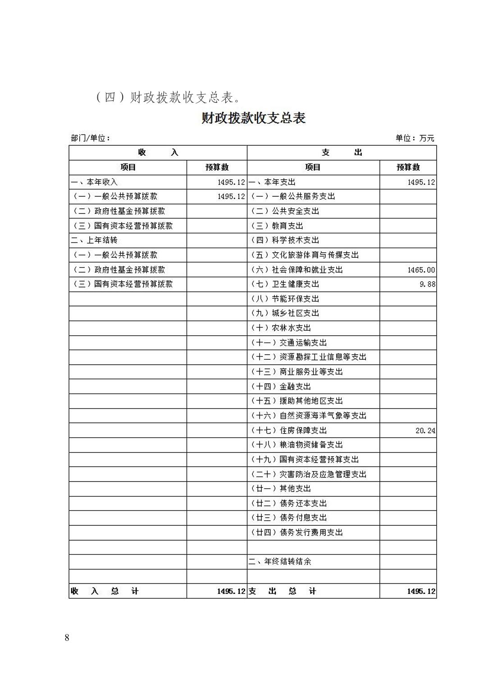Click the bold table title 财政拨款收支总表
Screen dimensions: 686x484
(x=253, y=118)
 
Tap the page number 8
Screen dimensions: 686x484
(x=67, y=638)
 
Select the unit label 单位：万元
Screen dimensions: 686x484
(x=415, y=138)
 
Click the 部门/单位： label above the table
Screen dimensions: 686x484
(x=90, y=138)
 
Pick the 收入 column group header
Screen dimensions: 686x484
(x=158, y=153)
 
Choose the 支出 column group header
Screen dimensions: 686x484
(x=342, y=153)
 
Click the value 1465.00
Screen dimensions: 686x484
(x=421, y=270)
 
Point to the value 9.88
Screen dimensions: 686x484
(x=427, y=284)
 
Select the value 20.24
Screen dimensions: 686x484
(x=425, y=431)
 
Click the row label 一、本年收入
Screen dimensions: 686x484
(x=94, y=182)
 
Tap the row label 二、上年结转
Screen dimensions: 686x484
(x=94, y=240)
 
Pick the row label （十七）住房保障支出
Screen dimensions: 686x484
(x=289, y=431)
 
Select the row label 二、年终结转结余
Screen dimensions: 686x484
(x=280, y=562)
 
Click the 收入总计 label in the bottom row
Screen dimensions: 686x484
(x=105, y=591)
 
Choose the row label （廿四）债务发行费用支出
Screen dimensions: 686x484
(x=297, y=533)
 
